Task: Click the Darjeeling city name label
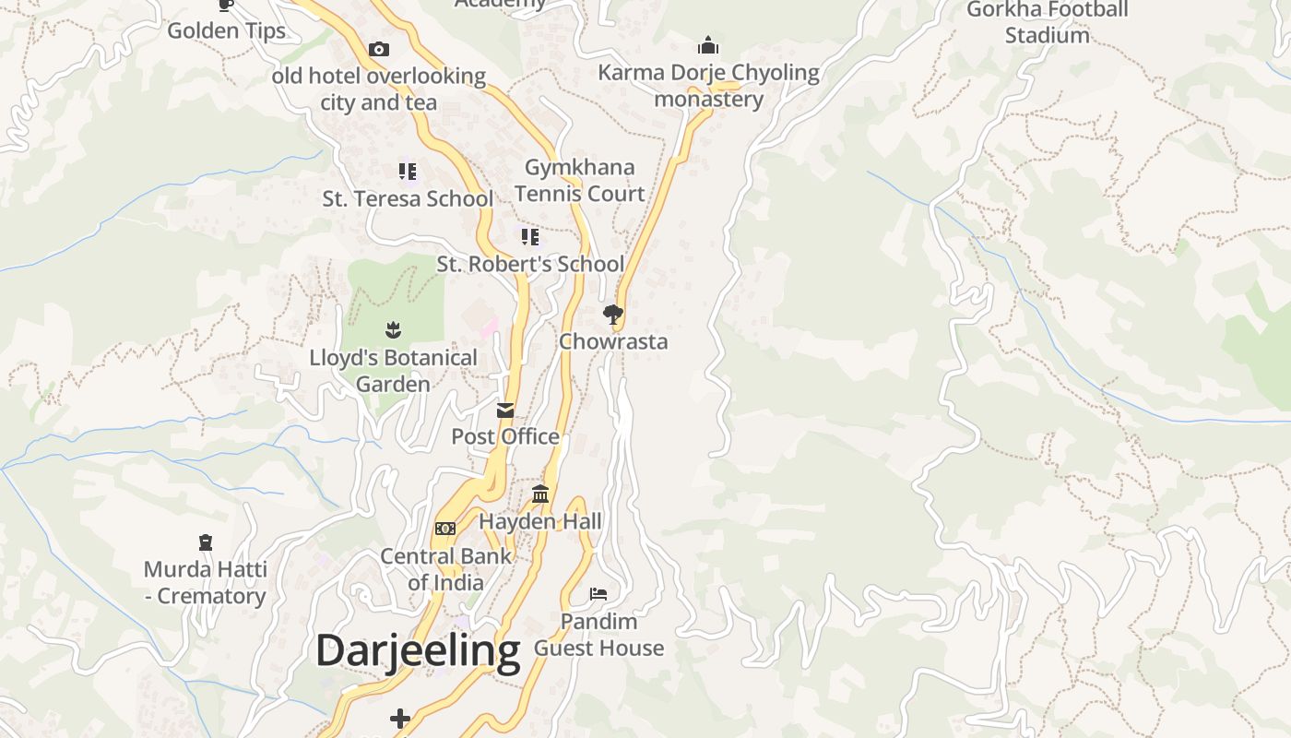[418, 651]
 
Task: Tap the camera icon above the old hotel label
[378, 50]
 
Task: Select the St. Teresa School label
[407, 198]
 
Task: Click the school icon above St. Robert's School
[530, 237]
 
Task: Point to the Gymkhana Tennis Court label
[579, 181]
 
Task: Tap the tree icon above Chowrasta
[612, 315]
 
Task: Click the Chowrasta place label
[613, 341]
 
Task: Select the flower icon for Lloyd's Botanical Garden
[393, 329]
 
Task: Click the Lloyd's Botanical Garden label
[393, 371]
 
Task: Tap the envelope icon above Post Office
[505, 410]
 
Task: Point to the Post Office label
[505, 436]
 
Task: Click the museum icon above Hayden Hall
[540, 494]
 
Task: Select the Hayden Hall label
[540, 521]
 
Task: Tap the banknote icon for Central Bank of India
[445, 529]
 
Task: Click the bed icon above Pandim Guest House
[598, 594]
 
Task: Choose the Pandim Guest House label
[598, 635]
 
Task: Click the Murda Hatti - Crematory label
[205, 582]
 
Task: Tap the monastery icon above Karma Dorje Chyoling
[708, 45]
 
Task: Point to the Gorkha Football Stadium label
[1048, 23]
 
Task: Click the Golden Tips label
[226, 30]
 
